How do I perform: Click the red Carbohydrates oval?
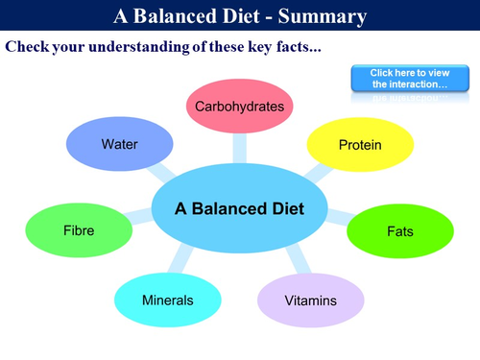(x=239, y=107)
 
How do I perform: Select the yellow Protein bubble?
(x=360, y=145)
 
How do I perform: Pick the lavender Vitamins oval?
(x=311, y=300)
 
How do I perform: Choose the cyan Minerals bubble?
(x=168, y=300)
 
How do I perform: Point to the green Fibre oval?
(x=79, y=231)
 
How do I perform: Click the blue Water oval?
(x=120, y=145)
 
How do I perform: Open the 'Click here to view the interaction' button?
(x=402, y=79)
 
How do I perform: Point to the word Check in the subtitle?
(x=28, y=46)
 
